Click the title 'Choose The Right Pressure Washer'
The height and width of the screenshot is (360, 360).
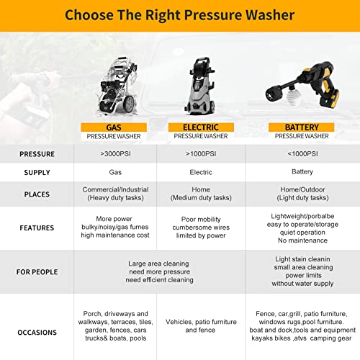(x=179, y=14)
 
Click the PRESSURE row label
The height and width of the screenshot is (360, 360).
(x=37, y=154)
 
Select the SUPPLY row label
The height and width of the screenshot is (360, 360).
(x=37, y=173)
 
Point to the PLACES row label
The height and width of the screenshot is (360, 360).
(x=37, y=194)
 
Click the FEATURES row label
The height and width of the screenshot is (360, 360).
(x=37, y=228)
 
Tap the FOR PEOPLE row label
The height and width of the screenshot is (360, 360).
(x=37, y=272)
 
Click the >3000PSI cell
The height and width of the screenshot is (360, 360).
(x=115, y=154)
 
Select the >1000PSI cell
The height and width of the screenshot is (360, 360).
(x=201, y=154)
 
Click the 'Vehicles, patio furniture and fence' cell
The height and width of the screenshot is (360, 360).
(x=201, y=325)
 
